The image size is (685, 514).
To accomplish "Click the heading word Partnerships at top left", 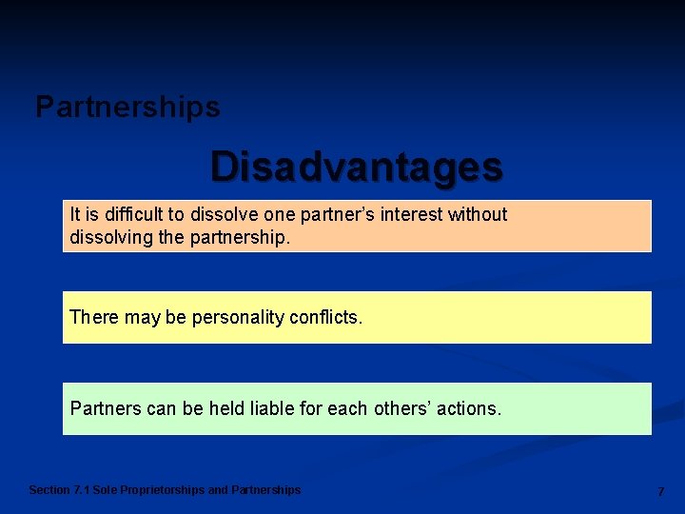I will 127,108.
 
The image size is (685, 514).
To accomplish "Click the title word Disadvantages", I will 356,167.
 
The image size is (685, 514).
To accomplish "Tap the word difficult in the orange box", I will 132,215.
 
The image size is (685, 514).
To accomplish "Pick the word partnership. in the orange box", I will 239,237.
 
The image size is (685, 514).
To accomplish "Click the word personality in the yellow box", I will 238,317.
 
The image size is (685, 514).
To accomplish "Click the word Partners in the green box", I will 106,408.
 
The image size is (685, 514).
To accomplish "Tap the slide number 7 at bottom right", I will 660,491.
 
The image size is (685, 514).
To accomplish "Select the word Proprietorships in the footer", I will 163,490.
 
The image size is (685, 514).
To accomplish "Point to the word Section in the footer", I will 49,490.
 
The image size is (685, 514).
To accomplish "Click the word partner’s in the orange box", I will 339,215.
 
